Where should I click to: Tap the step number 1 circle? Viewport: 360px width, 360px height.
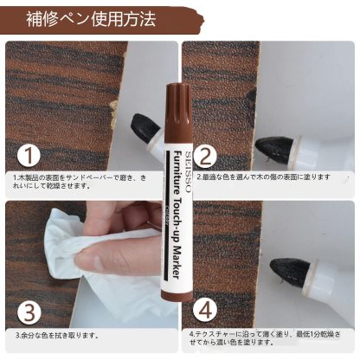point(30,156)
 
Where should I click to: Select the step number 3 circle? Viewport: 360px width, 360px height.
point(30,310)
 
